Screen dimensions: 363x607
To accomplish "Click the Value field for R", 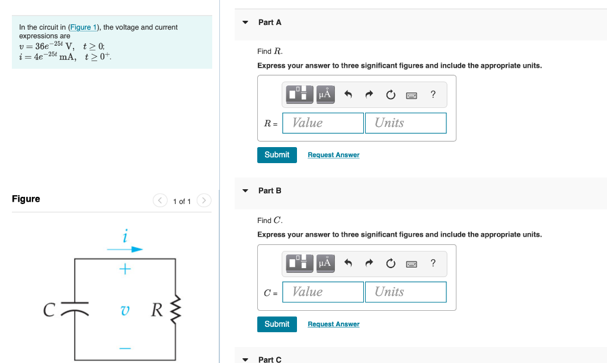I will coord(323,123).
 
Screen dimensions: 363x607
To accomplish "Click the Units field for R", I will coord(405,123).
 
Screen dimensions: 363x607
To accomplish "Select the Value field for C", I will coord(323,292).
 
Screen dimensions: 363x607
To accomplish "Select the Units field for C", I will coord(405,292).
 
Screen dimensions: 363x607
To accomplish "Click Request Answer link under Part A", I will coord(333,155).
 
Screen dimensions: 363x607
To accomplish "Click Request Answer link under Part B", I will coord(333,324).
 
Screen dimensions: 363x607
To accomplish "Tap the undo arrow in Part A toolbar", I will coord(348,94).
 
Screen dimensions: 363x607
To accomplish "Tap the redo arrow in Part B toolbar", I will coord(369,263).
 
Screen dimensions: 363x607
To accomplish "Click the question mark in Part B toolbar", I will coord(433,263).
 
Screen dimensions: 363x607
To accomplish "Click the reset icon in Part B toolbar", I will coord(390,263).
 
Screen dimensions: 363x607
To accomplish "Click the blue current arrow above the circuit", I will coord(125,250).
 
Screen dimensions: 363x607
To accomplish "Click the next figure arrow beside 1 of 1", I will coord(203,201).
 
